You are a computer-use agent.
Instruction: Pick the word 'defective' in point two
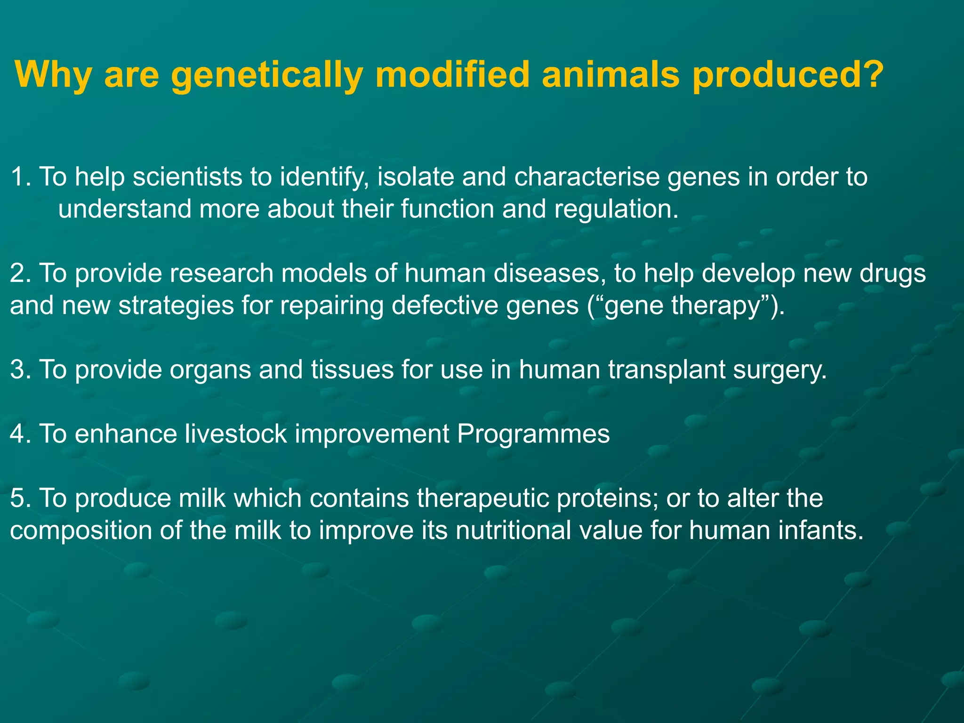pos(445,305)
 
